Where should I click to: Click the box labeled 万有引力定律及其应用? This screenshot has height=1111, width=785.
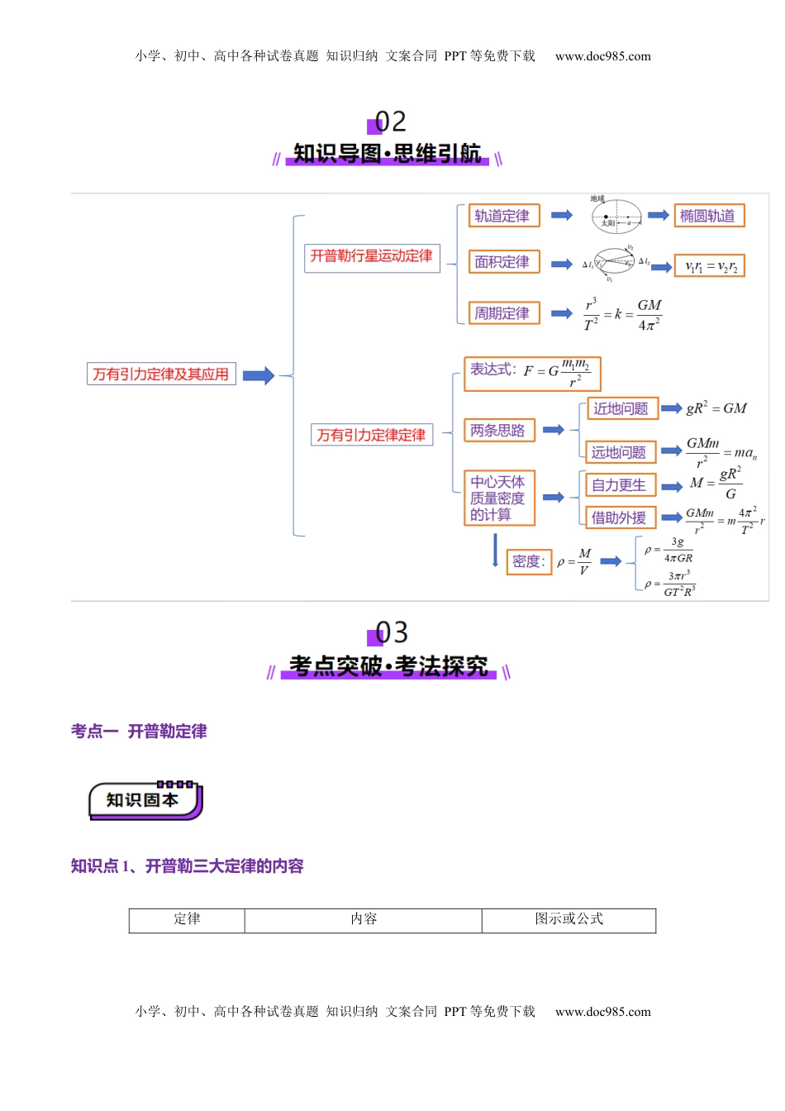161,374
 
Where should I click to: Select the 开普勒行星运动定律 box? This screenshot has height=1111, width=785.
372,256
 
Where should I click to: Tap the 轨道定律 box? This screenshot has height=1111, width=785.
503,216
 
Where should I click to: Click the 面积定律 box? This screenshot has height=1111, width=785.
503,262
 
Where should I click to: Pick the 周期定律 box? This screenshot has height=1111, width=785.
503,313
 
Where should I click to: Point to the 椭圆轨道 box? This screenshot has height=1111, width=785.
709,216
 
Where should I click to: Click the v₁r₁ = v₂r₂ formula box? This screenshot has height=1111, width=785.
710,266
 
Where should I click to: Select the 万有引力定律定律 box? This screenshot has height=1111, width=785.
372,435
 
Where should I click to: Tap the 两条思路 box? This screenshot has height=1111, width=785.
499,431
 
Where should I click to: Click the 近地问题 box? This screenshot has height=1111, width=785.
622,408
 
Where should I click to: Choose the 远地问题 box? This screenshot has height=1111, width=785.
620,452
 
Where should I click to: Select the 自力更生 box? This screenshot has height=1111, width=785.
620,485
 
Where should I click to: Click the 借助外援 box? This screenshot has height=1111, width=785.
620,517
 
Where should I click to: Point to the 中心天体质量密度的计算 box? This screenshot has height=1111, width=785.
499,498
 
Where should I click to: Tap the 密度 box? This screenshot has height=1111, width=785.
528,561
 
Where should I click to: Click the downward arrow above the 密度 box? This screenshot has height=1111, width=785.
495,550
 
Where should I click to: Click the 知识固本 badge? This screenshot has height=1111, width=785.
145,800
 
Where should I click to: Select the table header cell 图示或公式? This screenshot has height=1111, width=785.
569,919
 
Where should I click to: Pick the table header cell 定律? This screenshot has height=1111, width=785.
187,919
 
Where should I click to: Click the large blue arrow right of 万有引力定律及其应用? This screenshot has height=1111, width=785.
258,375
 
